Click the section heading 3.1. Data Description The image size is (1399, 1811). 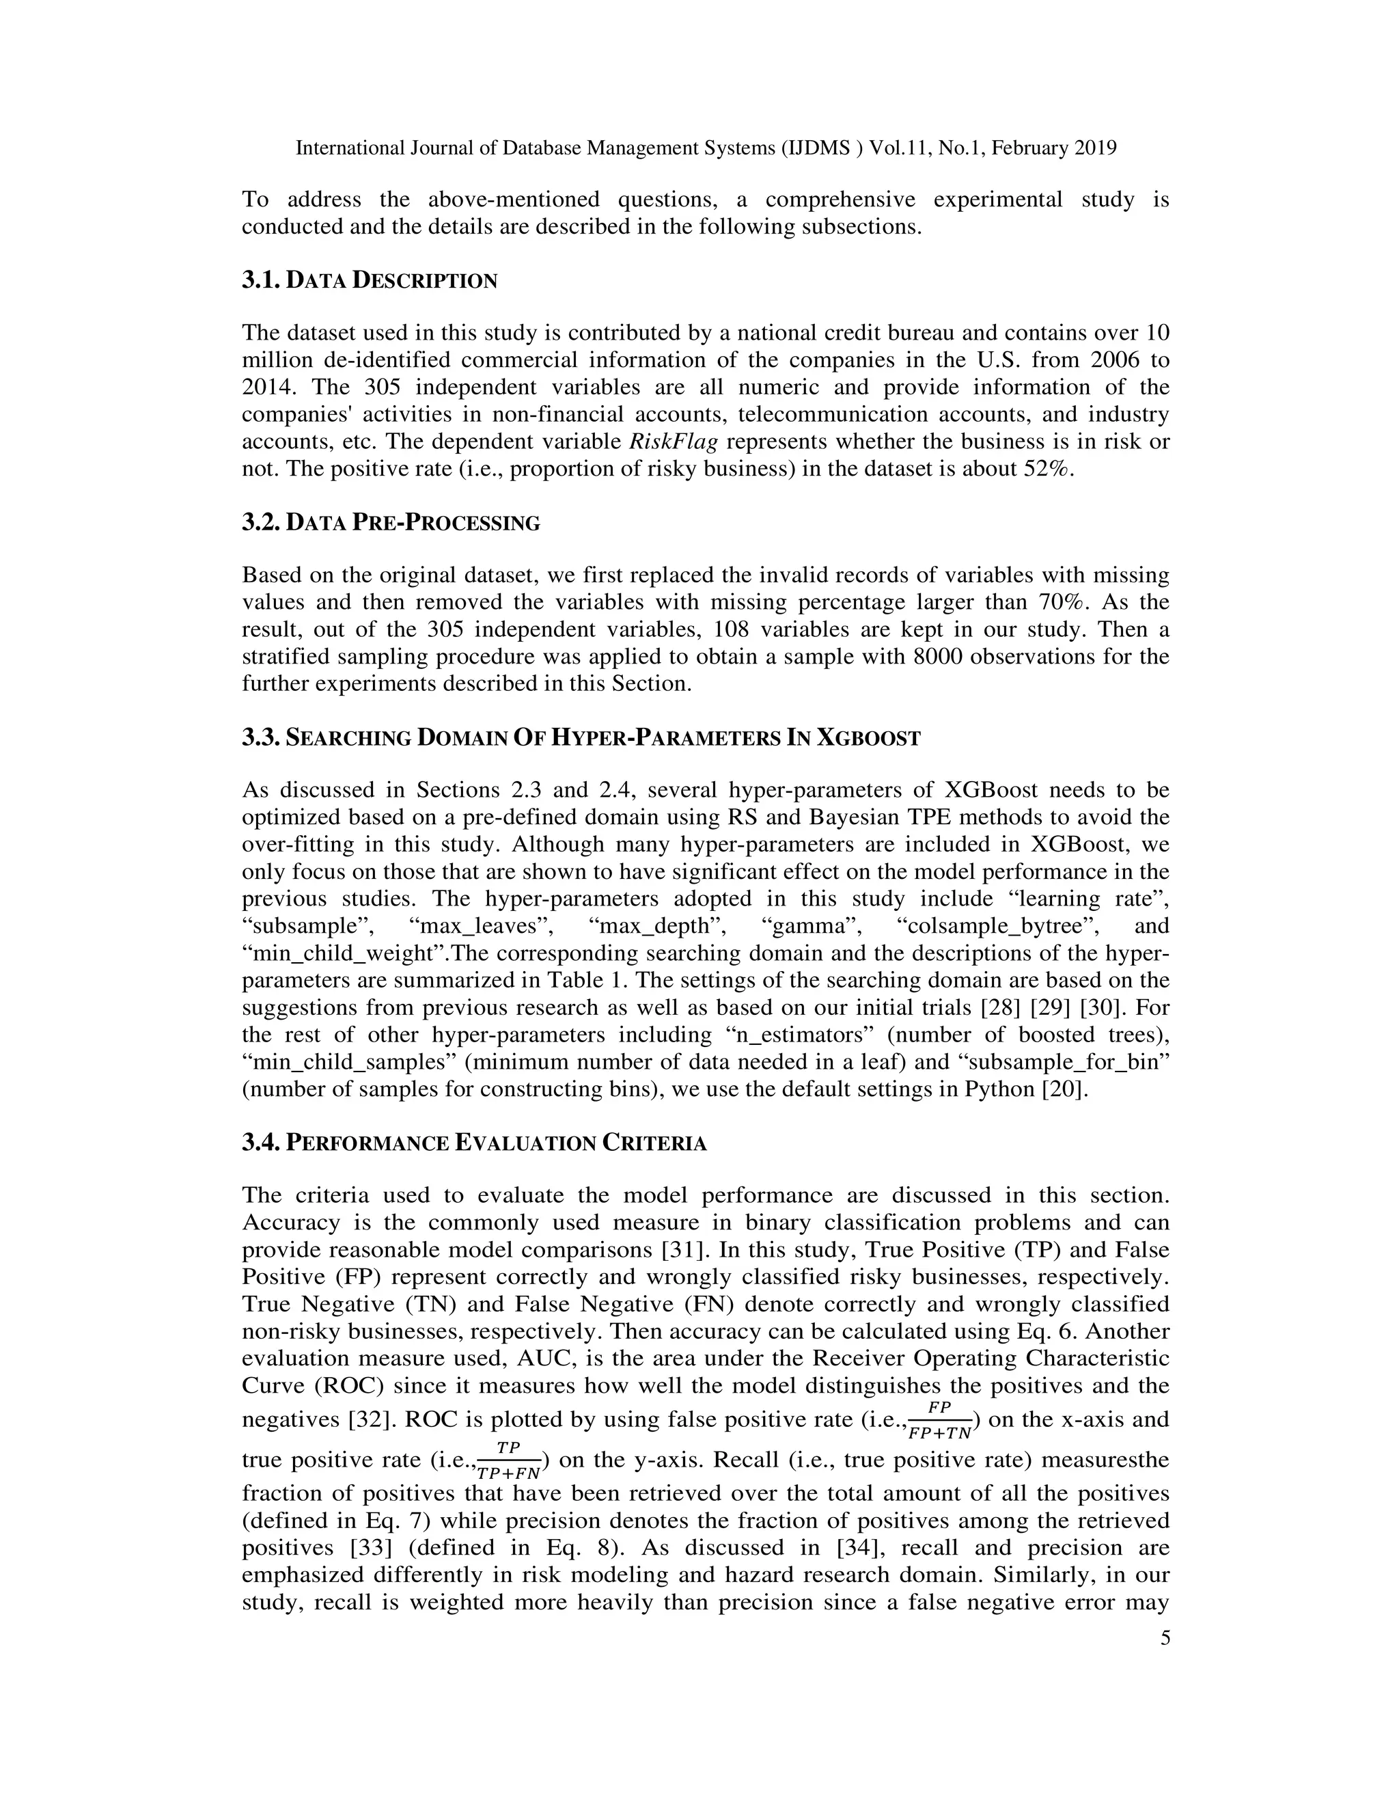[x=369, y=280]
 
